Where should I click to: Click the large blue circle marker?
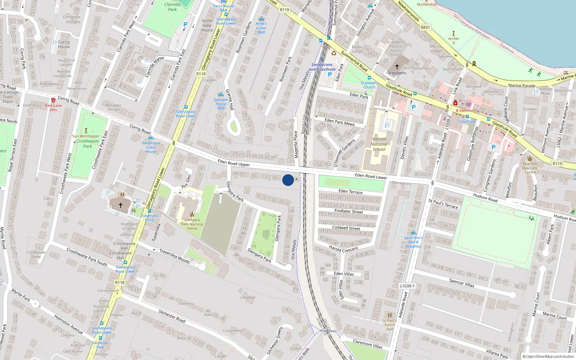point(288,180)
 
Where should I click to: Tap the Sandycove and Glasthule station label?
point(322,67)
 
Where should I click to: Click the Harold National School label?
point(379,144)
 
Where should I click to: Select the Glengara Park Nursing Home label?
point(192,224)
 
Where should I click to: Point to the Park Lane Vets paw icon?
point(53,100)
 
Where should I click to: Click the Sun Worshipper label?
point(86,136)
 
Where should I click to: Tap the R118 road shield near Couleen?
point(201,74)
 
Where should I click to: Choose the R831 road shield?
point(425,27)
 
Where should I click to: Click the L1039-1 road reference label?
point(407,286)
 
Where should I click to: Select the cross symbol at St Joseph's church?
point(397,67)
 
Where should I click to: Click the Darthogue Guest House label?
point(151,147)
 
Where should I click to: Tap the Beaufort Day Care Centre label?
point(530,168)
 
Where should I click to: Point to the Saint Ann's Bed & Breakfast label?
point(413,242)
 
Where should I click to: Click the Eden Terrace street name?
point(350,192)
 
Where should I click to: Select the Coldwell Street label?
point(346,228)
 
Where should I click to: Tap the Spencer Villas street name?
point(462,283)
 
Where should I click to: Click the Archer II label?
point(454,41)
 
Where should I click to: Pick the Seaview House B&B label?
point(221,104)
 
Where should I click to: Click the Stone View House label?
point(207,25)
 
